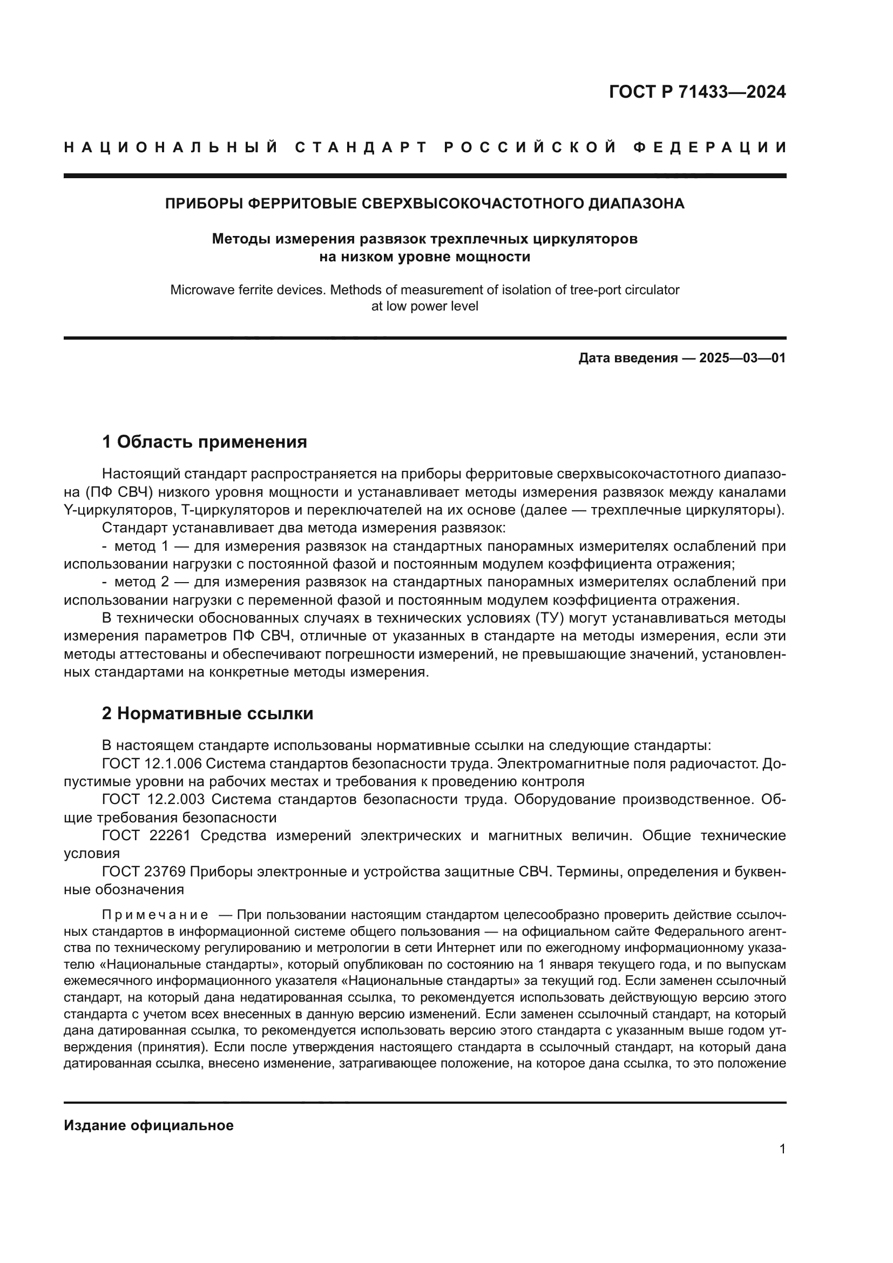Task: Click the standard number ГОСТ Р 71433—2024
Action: pos(696,92)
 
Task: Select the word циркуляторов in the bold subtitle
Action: pos(586,239)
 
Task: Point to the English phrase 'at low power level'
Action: pos(424,306)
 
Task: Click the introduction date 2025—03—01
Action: pos(742,359)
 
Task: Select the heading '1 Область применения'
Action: pos(204,442)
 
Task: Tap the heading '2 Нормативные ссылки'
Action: pos(207,713)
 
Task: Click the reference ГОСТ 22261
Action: pos(146,835)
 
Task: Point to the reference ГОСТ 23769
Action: pos(146,872)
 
